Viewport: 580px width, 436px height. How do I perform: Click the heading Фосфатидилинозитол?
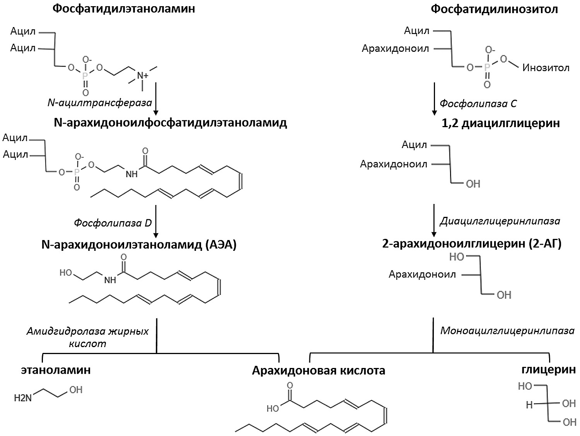click(494, 9)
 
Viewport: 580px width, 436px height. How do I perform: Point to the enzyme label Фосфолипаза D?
click(113, 223)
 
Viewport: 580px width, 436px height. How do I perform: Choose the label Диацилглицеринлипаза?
click(500, 221)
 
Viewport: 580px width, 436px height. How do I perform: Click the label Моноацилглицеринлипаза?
click(507, 331)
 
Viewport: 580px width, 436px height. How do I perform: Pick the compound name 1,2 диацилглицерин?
click(501, 123)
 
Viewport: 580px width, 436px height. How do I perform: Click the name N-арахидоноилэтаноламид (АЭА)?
click(139, 245)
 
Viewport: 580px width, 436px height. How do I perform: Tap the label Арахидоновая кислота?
click(319, 371)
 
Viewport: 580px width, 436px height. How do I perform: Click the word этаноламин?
click(56, 370)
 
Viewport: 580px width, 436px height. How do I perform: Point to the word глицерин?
click(549, 369)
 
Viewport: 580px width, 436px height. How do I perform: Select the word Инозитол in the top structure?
click(546, 68)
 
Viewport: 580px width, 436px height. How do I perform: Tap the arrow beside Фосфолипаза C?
click(434, 99)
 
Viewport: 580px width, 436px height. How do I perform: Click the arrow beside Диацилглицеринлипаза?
click(434, 220)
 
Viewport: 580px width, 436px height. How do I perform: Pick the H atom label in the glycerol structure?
click(529, 405)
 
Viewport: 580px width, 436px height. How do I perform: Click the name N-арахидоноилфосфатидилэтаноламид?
click(170, 123)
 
